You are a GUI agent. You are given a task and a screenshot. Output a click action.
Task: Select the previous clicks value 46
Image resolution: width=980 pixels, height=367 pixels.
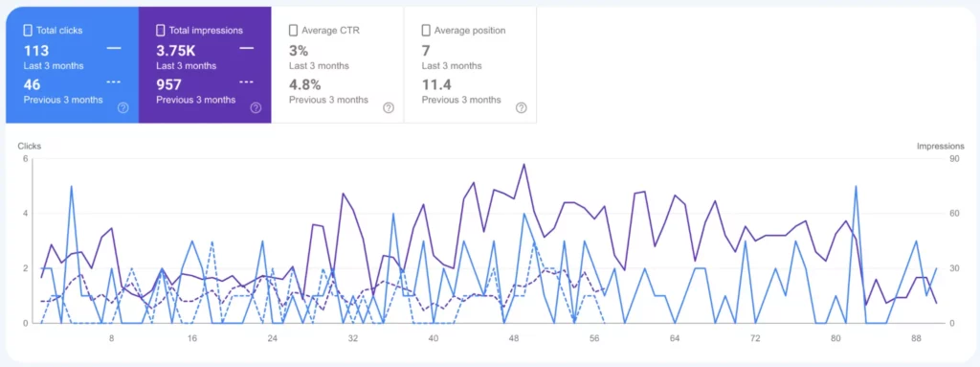coord(32,83)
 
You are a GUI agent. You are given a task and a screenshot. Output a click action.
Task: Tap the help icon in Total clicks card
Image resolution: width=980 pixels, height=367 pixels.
coord(122,107)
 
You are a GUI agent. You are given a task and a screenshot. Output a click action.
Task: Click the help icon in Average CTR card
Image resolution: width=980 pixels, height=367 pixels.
coord(389,107)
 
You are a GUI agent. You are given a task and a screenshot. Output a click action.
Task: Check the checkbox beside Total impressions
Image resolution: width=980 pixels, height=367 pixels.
coord(160,31)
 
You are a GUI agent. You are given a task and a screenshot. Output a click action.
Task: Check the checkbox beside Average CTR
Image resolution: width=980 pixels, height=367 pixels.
coord(293,31)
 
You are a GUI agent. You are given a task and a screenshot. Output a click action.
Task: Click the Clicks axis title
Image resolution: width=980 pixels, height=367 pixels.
coord(30,147)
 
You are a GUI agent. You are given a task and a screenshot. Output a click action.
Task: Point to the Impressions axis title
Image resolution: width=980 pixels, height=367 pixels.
coord(940,147)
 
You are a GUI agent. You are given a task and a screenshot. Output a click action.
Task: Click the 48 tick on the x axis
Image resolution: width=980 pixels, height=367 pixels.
coord(514,338)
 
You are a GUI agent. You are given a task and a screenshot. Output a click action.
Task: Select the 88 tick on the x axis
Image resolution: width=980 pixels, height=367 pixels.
coord(916,338)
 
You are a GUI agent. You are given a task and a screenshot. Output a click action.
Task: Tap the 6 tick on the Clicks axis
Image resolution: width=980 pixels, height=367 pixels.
coord(26,159)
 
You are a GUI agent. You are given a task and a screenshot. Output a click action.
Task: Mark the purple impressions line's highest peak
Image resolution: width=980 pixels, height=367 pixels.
coord(523,164)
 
